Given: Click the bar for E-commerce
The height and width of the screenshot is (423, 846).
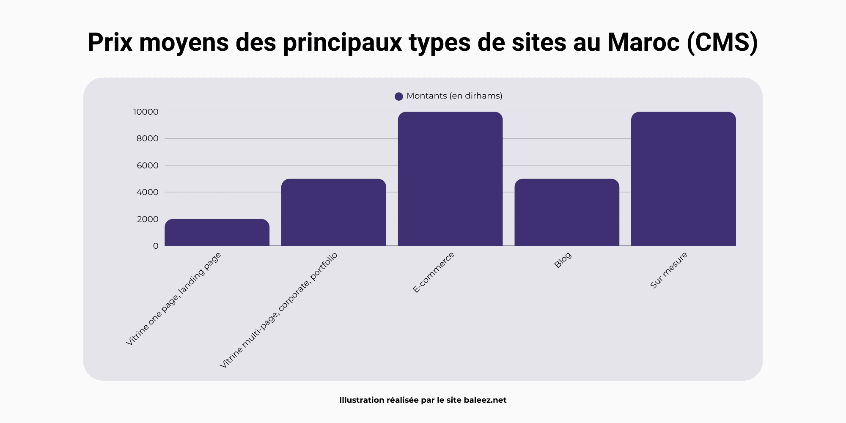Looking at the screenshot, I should tap(450, 179).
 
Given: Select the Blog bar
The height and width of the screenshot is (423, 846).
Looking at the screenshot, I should tap(567, 212).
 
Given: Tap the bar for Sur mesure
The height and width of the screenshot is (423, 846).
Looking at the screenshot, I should tap(683, 179).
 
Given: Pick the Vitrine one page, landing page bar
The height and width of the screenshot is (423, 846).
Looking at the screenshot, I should tap(217, 232).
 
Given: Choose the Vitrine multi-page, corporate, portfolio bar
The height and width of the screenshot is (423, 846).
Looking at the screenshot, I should tap(333, 212).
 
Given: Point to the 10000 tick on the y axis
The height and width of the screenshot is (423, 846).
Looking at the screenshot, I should tap(146, 112).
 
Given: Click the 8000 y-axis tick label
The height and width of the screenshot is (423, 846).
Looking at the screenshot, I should tap(147, 138).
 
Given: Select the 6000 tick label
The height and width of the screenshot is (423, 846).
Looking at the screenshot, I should tap(147, 165).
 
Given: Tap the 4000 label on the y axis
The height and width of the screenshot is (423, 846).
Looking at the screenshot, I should tap(147, 192).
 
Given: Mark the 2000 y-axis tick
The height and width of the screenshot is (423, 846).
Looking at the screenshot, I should tap(147, 219).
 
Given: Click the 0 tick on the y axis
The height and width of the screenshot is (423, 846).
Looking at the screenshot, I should tap(156, 246).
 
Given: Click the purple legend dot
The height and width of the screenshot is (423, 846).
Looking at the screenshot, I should tap(398, 96).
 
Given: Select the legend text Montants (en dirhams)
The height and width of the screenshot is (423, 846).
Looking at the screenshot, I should tap(454, 96).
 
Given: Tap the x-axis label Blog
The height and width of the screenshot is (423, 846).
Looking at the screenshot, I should tap(563, 260).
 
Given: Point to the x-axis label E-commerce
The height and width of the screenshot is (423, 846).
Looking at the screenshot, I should tap(433, 272).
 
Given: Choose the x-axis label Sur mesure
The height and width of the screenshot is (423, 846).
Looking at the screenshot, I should tap(669, 270).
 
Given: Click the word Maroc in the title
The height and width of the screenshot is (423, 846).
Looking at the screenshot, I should tap(643, 42).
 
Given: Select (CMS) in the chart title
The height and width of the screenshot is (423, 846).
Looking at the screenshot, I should tap(722, 42).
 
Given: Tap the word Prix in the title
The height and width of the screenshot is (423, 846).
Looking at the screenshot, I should tap(110, 42).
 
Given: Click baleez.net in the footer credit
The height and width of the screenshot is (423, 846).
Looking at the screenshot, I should tap(485, 400).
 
